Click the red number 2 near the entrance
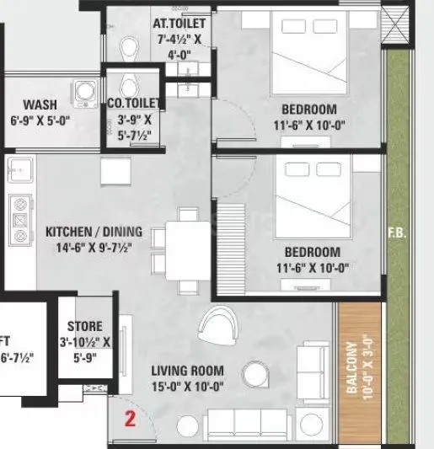coord(130,417)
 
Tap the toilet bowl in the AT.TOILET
coord(129,46)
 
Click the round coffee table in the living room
coord(253,374)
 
